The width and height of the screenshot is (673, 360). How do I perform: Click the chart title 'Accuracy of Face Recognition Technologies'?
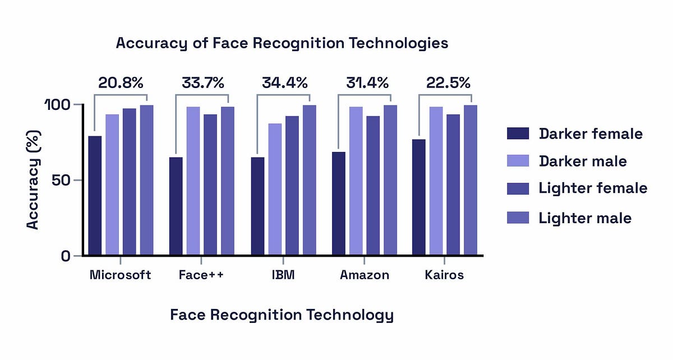(282, 43)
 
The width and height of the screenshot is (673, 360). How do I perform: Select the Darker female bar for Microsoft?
(95, 196)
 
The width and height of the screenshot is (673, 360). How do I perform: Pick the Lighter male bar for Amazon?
(390, 180)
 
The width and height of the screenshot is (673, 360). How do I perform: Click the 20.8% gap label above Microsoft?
(121, 83)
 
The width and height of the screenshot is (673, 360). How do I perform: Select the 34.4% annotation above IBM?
(284, 83)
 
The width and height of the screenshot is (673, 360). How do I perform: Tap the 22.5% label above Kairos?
(446, 83)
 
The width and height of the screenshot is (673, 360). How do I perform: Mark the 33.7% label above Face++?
(202, 83)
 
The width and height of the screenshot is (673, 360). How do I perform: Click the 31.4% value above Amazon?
(365, 83)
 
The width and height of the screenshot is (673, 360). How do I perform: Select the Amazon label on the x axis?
(365, 275)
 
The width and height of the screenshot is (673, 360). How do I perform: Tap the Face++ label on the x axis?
(201, 275)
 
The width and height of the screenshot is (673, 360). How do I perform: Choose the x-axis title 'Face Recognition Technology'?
(282, 315)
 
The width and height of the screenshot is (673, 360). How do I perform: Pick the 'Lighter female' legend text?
(593, 188)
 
